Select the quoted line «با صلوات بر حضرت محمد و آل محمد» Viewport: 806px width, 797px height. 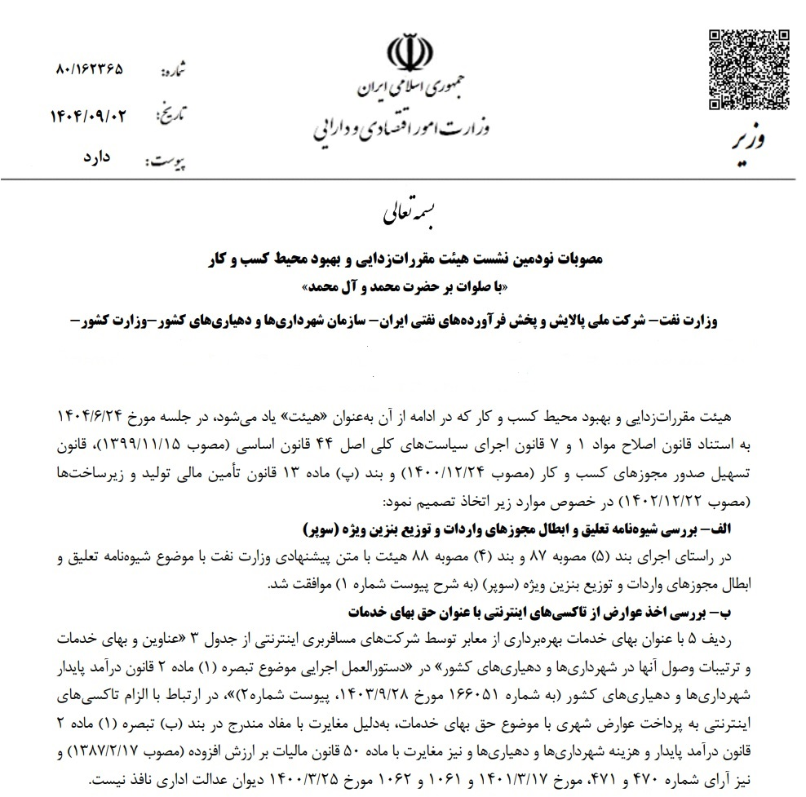(402, 288)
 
